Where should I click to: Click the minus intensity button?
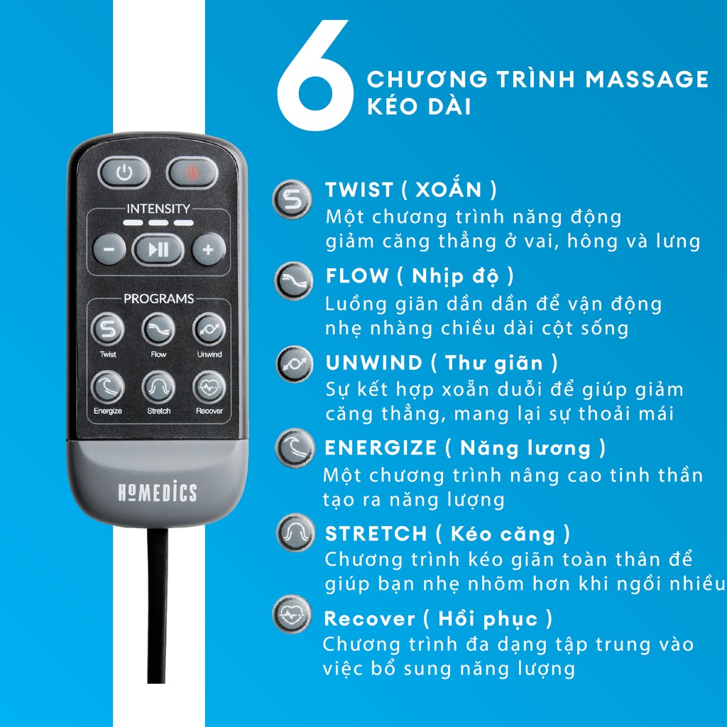click(109, 250)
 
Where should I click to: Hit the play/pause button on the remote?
click(158, 249)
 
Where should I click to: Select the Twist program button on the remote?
click(108, 329)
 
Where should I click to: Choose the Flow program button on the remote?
click(158, 329)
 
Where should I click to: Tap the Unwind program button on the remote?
click(209, 329)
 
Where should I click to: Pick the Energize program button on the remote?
click(108, 387)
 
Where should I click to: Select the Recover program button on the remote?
click(209, 387)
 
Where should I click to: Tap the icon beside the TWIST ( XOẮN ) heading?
click(293, 198)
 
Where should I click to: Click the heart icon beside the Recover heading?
click(293, 615)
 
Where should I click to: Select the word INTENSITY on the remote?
click(158, 209)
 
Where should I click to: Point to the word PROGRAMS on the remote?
click(158, 299)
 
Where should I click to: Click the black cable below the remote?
click(158, 625)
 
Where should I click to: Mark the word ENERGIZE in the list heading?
click(381, 448)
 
